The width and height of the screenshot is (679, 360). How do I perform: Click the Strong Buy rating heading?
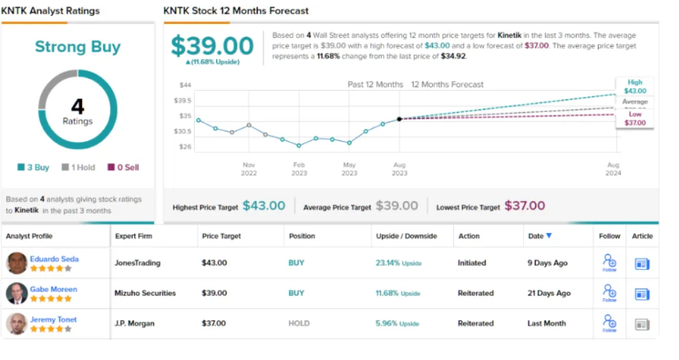click(x=78, y=47)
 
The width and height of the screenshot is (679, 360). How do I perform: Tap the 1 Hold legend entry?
click(x=78, y=167)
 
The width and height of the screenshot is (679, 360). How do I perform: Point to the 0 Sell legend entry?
click(x=123, y=167)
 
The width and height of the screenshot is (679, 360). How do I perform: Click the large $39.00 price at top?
click(x=212, y=46)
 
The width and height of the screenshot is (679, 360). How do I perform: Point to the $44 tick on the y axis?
click(x=185, y=86)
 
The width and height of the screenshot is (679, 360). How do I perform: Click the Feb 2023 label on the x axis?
click(x=299, y=169)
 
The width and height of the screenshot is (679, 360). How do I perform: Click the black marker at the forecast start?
click(x=399, y=119)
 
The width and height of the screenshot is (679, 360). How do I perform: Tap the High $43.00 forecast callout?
click(x=635, y=86)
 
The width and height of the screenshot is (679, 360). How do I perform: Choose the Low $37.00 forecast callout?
click(x=635, y=117)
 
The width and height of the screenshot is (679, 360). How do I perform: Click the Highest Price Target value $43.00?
click(x=264, y=206)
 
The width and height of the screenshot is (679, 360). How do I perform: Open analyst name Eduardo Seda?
click(x=56, y=258)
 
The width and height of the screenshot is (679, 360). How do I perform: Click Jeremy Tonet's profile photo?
click(x=17, y=323)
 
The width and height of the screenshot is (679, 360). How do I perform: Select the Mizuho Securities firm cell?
click(x=146, y=293)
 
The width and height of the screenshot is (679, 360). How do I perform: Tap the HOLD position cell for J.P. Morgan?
click(x=299, y=323)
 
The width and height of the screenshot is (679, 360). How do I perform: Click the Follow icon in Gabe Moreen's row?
click(x=609, y=292)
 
